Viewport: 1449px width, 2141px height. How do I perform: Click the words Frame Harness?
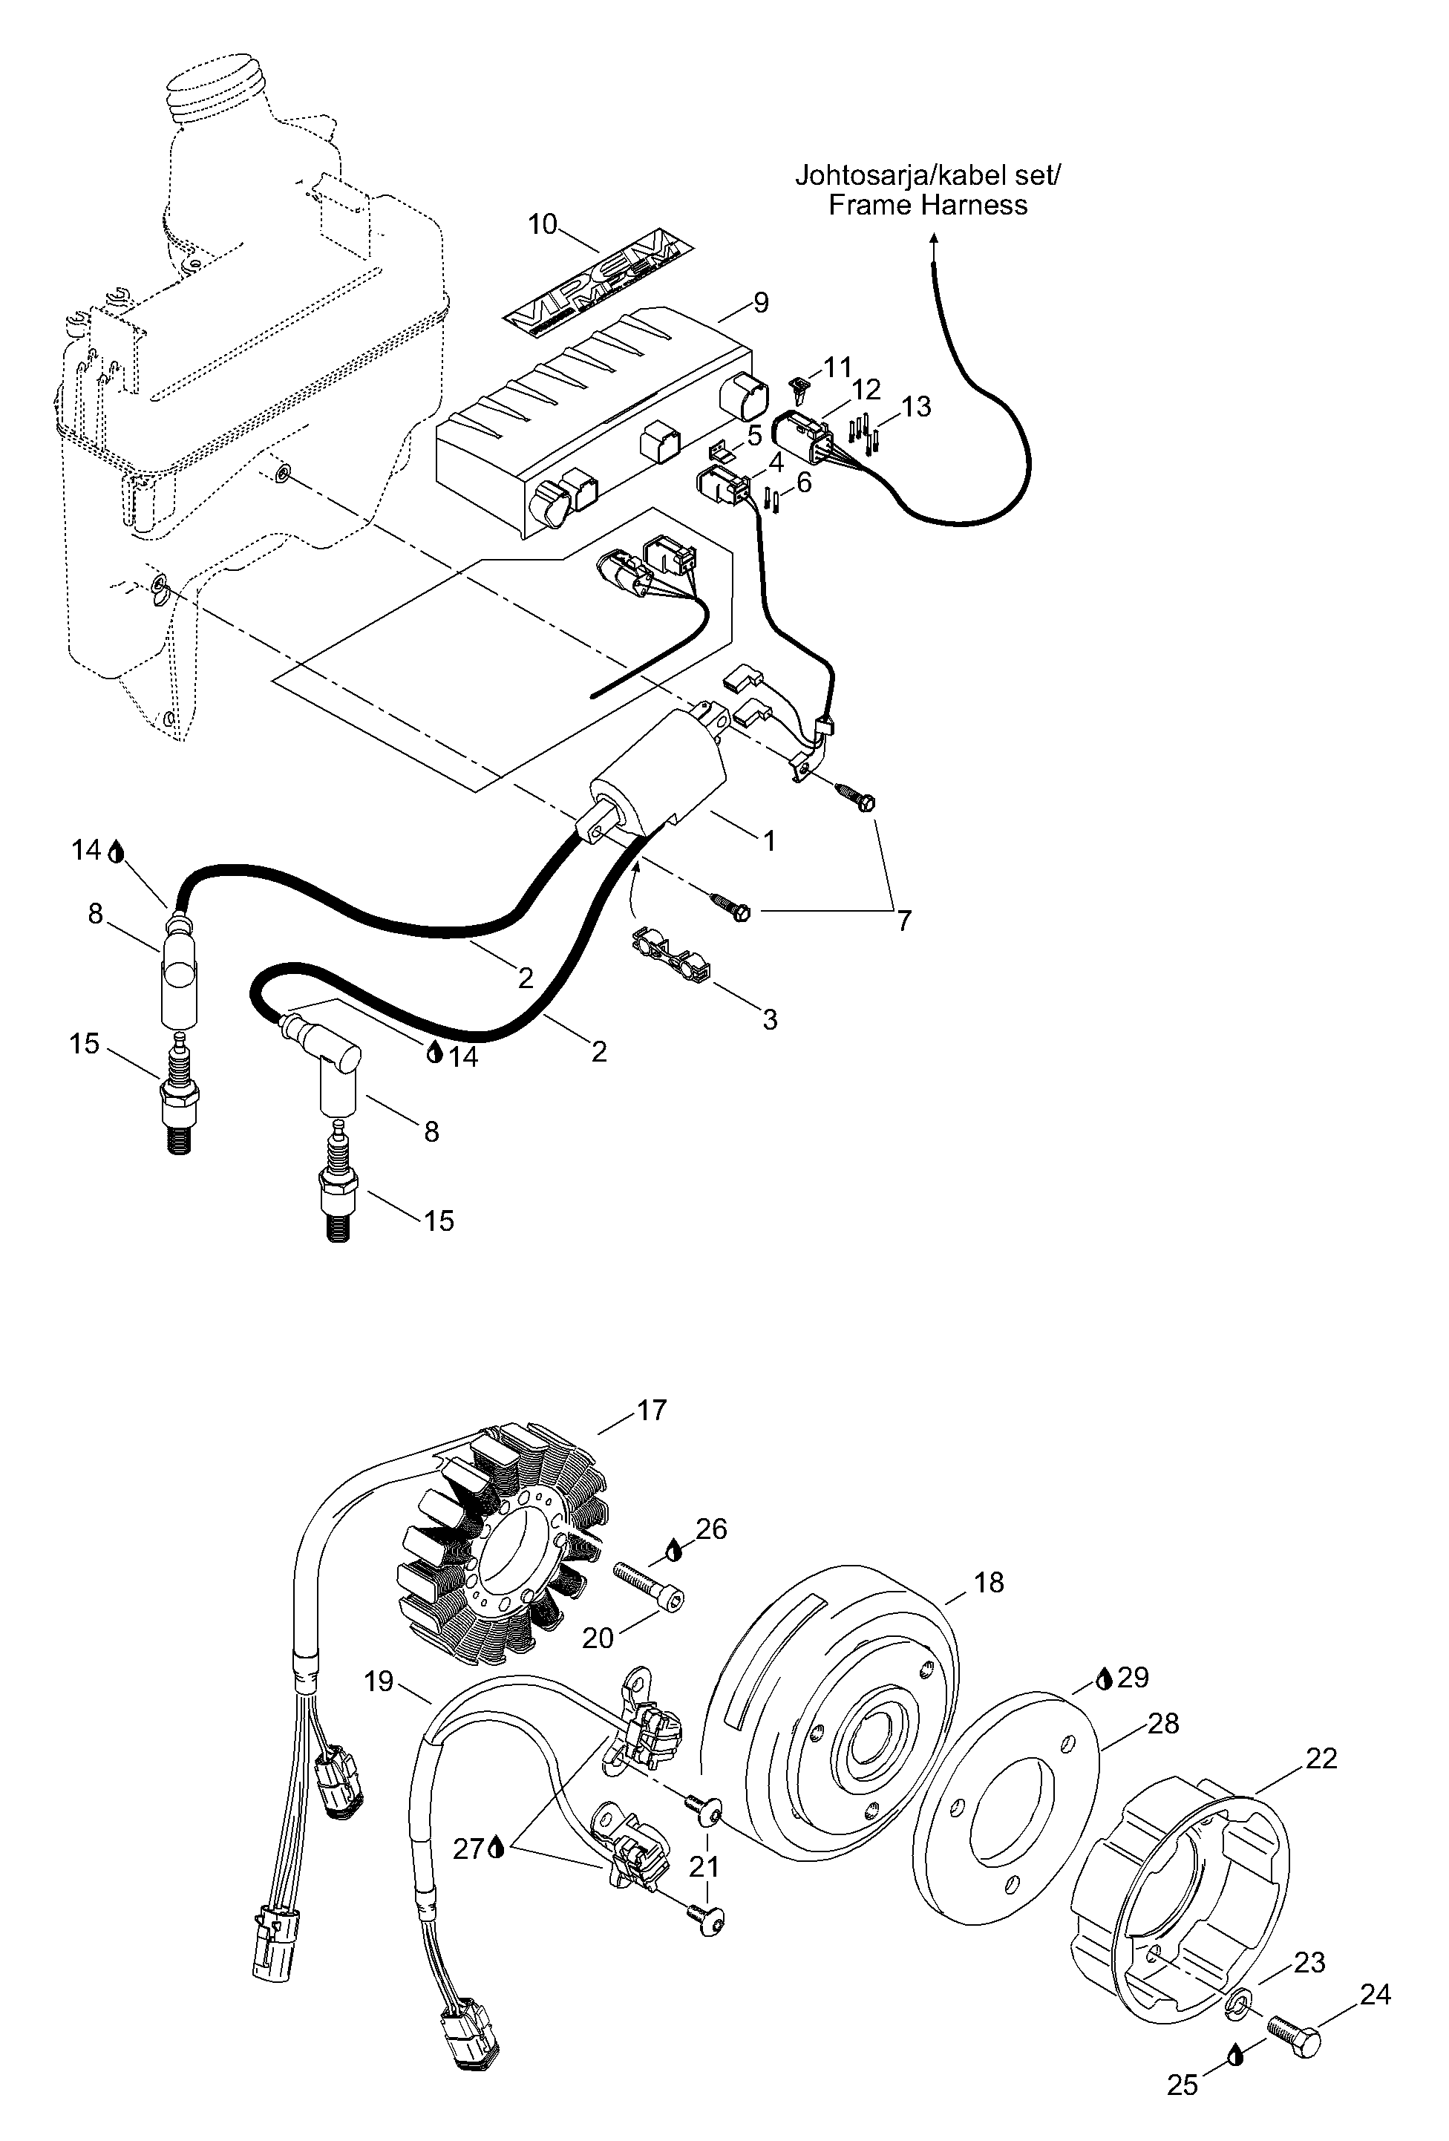pos(928,204)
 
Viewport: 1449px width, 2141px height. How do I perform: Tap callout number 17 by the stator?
pos(651,1411)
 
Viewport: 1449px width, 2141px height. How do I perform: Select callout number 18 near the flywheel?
pos(989,1582)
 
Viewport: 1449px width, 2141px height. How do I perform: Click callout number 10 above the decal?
pos(543,224)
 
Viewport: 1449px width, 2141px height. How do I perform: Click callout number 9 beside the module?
pos(760,302)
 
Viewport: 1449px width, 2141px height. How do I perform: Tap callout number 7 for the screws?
pos(903,919)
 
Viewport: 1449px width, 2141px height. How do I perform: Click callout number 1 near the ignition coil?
pos(768,840)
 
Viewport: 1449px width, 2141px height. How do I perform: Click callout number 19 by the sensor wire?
pos(379,1681)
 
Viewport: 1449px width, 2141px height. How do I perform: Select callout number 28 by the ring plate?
pos(1163,1723)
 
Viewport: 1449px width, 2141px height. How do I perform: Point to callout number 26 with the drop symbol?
pos(711,1529)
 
